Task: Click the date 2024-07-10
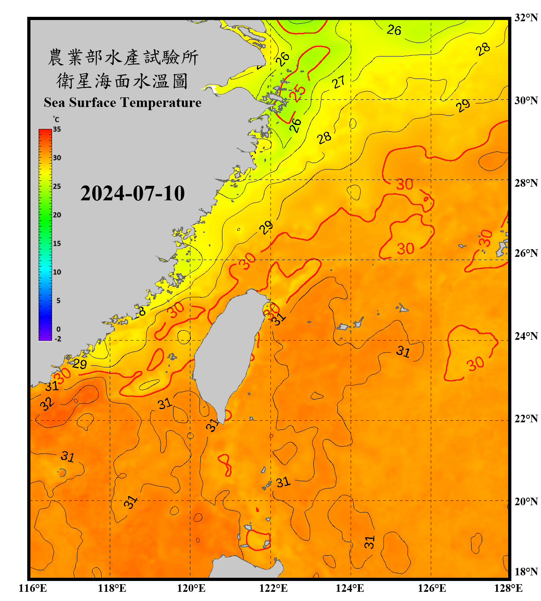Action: click(x=132, y=194)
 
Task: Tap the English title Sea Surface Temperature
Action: click(x=122, y=103)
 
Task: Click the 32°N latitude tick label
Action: click(x=526, y=18)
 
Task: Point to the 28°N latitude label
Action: click(x=526, y=183)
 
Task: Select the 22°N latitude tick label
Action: click(x=526, y=419)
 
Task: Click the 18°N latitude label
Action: click(x=526, y=572)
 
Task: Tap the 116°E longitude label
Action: click(x=33, y=588)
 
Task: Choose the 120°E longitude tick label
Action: click(x=191, y=588)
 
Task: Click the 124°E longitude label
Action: click(x=350, y=588)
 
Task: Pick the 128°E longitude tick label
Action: click(x=508, y=588)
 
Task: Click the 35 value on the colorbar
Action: click(x=57, y=129)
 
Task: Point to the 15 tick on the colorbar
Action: click(x=57, y=244)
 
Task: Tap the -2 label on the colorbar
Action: click(x=58, y=339)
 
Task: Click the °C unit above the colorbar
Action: click(x=56, y=119)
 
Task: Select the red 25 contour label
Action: click(x=297, y=93)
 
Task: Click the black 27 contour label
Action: click(x=339, y=82)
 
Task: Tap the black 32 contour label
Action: click(x=46, y=404)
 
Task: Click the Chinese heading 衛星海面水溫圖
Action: click(x=122, y=81)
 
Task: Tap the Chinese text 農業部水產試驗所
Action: click(x=123, y=57)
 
